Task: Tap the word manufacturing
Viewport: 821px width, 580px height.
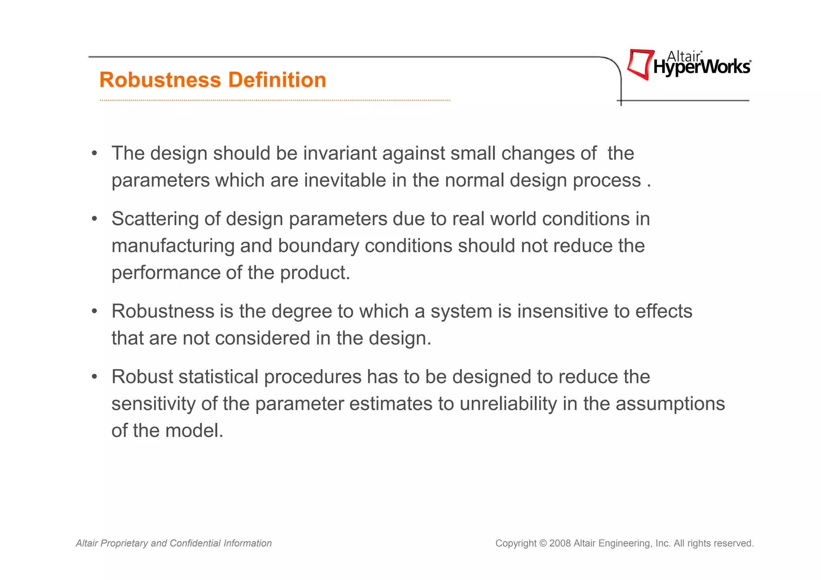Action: [x=173, y=246]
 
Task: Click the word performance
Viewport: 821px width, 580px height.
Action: [x=166, y=273]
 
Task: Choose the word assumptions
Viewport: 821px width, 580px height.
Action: [x=670, y=404]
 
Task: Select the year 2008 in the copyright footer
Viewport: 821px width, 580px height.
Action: [x=560, y=544]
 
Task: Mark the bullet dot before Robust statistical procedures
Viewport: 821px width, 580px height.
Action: [x=95, y=377]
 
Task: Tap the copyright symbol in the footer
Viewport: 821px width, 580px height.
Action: [x=543, y=544]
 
